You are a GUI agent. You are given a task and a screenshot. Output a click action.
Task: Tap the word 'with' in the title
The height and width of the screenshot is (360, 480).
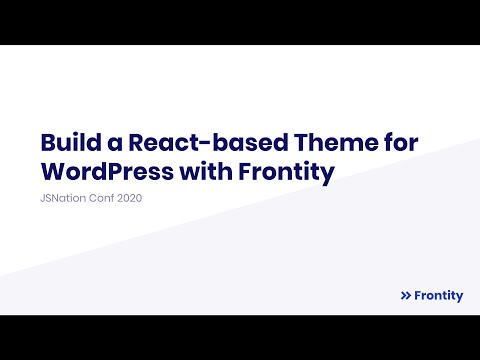(x=206, y=172)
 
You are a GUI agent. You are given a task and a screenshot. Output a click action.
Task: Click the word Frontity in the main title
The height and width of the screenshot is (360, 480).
(x=286, y=172)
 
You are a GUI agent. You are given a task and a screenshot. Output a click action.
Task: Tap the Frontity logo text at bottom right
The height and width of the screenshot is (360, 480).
(x=438, y=296)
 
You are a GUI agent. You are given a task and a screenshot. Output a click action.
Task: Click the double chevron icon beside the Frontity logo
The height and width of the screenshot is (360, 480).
(x=405, y=296)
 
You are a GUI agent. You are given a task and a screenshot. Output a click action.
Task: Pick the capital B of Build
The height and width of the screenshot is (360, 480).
(x=47, y=143)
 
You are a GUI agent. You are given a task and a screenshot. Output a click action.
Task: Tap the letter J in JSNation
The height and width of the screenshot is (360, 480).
(x=41, y=199)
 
